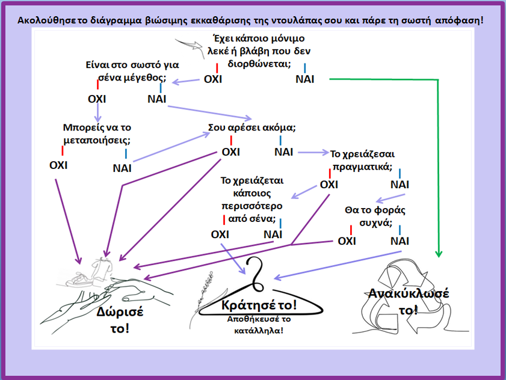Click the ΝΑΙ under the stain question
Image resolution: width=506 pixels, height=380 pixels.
click(305, 79)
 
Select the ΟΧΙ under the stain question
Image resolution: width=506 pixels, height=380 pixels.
click(214, 79)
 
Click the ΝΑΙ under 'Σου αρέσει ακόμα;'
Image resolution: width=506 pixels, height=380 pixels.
click(283, 152)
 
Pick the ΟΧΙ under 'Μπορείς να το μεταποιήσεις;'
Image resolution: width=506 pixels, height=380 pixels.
click(58, 165)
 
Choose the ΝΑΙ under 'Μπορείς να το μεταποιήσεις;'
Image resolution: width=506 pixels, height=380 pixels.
click(122, 168)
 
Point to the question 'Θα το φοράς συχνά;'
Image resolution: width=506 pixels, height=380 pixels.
click(376, 216)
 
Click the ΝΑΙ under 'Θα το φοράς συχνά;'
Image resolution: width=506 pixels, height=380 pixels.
click(400, 241)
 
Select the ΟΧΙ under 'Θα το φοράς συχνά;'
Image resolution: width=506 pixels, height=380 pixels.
click(347, 241)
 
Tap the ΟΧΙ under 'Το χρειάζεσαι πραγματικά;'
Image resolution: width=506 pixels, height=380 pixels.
click(329, 184)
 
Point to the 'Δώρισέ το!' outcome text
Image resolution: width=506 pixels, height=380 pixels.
click(114, 320)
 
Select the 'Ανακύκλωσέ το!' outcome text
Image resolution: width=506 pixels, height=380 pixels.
click(409, 301)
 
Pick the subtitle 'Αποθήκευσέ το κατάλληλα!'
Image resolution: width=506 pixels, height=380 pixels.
click(259, 324)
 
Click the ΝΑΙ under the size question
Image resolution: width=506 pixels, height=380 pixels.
click(157, 99)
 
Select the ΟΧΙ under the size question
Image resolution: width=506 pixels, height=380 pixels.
click(97, 99)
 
